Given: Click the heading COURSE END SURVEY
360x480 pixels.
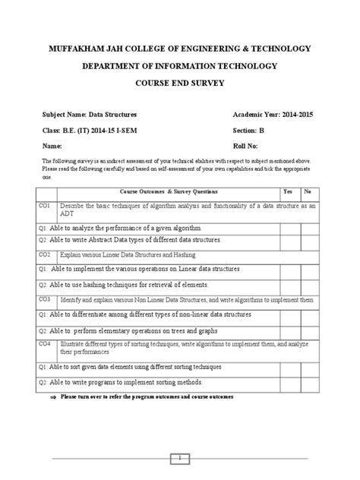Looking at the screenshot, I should tap(179, 84).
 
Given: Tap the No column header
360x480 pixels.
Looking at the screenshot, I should tap(308, 193).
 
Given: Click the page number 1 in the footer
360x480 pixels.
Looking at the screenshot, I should tap(179, 457).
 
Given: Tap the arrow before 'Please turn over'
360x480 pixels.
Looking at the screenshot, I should tap(53, 397).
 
